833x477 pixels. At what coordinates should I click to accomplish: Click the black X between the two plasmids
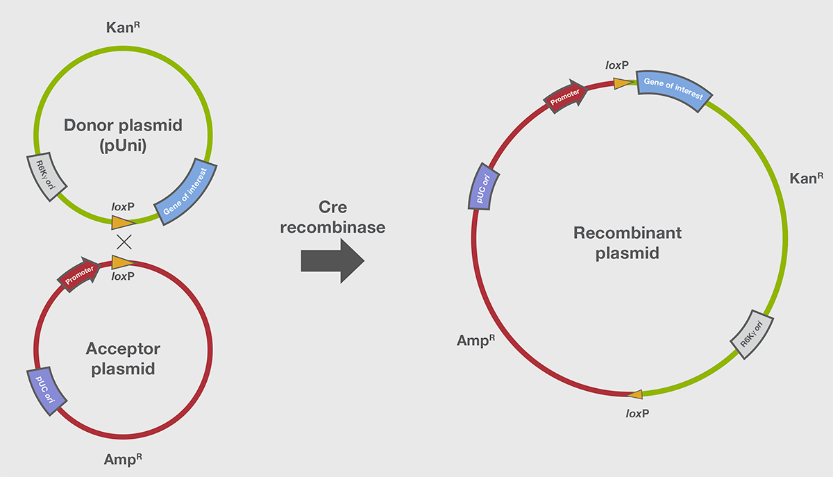pyautogui.click(x=124, y=242)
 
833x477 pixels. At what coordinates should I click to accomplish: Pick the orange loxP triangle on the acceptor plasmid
pyautogui.click(x=122, y=262)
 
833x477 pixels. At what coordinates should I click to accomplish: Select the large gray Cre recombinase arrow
pyautogui.click(x=333, y=260)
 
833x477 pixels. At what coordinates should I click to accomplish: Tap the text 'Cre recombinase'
pyautogui.click(x=333, y=217)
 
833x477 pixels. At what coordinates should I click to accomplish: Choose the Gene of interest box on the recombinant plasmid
pyautogui.click(x=672, y=89)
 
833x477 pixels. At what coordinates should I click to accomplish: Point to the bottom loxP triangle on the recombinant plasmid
pyautogui.click(x=634, y=394)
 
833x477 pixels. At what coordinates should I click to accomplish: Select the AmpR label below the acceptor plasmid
pyautogui.click(x=124, y=458)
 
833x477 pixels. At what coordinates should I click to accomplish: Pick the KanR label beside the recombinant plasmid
pyautogui.click(x=806, y=178)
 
